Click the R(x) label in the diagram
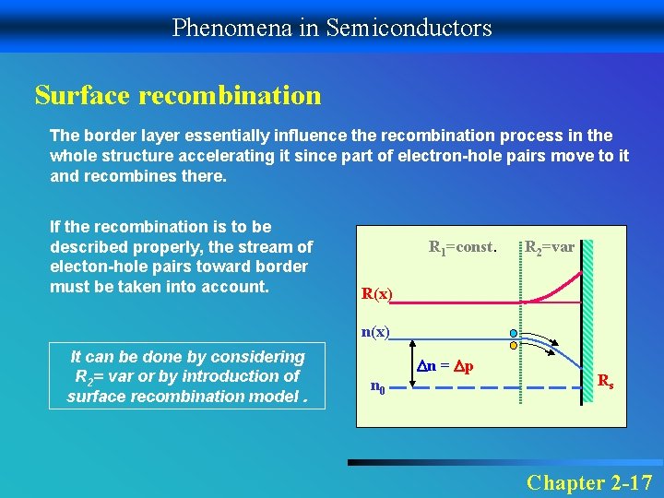pyautogui.click(x=376, y=294)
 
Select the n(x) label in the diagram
pyautogui.click(x=375, y=331)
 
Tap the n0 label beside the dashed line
pyautogui.click(x=378, y=387)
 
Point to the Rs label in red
pyautogui.click(x=606, y=380)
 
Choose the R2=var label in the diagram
pyautogui.click(x=549, y=247)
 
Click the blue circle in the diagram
pyautogui.click(x=514, y=334)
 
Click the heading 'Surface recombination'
pyautogui.click(x=178, y=95)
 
